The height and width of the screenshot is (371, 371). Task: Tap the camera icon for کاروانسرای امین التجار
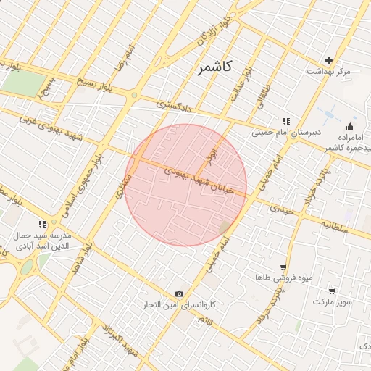click(x=179, y=293)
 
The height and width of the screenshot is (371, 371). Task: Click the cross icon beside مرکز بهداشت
click(x=329, y=60)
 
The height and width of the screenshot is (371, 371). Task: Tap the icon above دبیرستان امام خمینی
click(x=286, y=121)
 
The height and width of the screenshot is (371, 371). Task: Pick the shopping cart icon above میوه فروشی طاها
click(x=283, y=267)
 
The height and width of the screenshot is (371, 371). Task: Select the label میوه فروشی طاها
click(x=274, y=278)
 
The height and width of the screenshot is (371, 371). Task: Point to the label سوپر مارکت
click(x=333, y=301)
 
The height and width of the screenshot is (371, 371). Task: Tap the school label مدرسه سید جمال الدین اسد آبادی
click(x=41, y=241)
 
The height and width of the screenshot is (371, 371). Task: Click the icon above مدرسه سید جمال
click(x=42, y=225)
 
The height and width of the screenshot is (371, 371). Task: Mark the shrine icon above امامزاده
click(x=350, y=125)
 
